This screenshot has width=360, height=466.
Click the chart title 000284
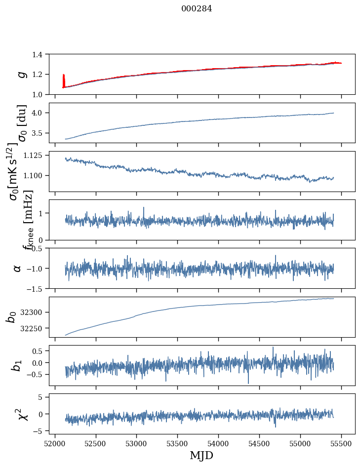(197, 9)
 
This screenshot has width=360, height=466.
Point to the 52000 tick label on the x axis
(55, 443)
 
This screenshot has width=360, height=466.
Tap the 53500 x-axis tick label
(178, 443)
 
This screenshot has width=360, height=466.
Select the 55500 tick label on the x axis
(342, 443)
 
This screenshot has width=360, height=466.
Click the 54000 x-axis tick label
(219, 443)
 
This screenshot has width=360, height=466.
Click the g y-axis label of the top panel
(21, 74)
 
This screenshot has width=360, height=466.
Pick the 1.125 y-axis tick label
(38, 155)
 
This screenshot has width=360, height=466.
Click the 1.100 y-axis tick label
(38, 176)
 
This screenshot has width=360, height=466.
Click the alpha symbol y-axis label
(18, 268)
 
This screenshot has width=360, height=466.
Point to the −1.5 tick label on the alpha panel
(39, 288)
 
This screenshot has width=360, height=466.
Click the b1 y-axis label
(18, 365)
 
